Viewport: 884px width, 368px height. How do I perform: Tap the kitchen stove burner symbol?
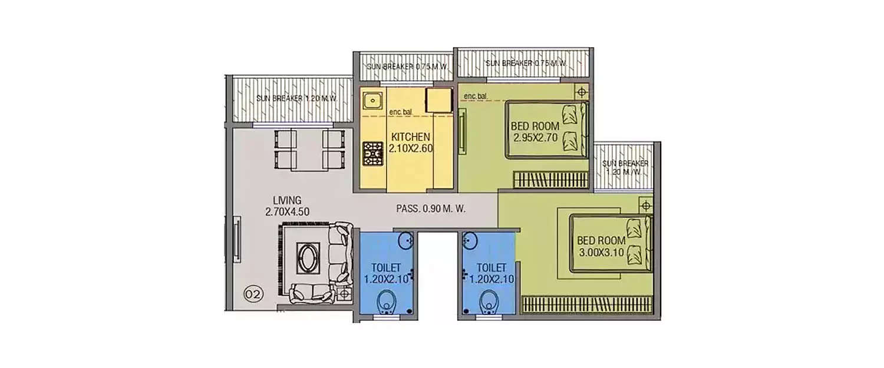point(372,154)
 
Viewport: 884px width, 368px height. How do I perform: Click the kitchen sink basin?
point(372,101)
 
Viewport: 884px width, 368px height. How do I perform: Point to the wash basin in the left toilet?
point(405,240)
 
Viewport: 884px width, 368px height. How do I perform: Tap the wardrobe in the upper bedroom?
point(550,179)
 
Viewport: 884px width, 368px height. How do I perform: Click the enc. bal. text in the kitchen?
point(401,112)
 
